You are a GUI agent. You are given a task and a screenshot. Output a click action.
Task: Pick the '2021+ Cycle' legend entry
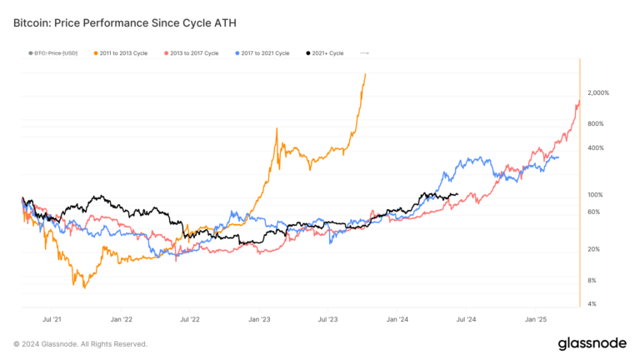(324, 53)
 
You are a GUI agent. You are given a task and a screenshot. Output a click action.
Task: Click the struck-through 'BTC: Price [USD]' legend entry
(52, 53)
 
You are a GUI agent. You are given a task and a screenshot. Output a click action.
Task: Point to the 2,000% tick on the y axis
(598, 92)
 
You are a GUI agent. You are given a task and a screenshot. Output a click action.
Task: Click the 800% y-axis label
(594, 123)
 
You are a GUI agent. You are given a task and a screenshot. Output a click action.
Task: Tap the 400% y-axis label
(594, 147)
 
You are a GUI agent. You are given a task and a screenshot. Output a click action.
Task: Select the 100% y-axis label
(594, 194)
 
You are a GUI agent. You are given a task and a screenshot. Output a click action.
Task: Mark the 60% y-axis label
(592, 212)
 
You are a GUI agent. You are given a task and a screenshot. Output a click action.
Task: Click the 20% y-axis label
(592, 249)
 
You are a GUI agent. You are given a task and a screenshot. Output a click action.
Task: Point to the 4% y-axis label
(591, 303)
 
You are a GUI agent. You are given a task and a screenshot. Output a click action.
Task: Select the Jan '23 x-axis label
(259, 318)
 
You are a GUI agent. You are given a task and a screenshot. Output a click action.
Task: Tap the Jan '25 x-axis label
(535, 318)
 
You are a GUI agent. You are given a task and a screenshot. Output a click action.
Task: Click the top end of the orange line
(366, 73)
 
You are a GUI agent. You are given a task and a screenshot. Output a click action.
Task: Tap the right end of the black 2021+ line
(457, 194)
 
